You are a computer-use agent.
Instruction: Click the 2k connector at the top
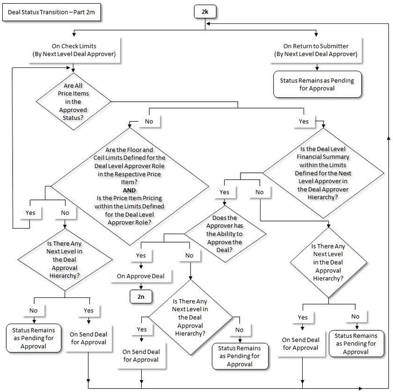pos(204,11)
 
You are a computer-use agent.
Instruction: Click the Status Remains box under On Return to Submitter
pos(317,84)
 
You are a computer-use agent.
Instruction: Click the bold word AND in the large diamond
pos(129,191)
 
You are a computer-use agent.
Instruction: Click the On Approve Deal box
pos(141,276)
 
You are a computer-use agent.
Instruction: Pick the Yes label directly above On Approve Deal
pos(141,255)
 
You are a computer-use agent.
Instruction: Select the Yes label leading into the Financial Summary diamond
pos(304,121)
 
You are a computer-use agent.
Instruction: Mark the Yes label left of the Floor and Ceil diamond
pos(30,212)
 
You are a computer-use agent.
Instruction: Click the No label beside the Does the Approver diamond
pos(189,255)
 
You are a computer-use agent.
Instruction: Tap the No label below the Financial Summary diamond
pos(260,192)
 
